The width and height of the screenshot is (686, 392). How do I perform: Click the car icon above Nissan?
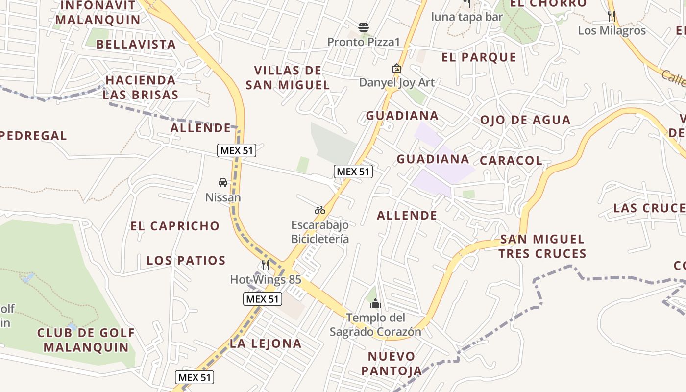pyautogui.click(x=223, y=183)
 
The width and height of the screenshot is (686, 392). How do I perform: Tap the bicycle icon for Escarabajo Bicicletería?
pyautogui.click(x=320, y=210)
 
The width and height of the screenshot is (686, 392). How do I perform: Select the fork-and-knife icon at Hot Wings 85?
pyautogui.click(x=266, y=265)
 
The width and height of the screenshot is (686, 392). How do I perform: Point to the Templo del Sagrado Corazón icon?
pyautogui.click(x=375, y=303)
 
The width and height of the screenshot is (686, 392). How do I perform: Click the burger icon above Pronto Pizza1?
pyautogui.click(x=363, y=27)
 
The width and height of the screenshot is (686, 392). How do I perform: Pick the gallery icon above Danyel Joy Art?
pyautogui.click(x=396, y=68)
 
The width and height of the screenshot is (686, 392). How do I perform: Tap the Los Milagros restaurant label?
pyautogui.click(x=612, y=30)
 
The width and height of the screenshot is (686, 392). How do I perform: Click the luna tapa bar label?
pyautogui.click(x=466, y=17)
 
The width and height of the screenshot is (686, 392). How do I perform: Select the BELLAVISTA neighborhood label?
pyautogui.click(x=136, y=44)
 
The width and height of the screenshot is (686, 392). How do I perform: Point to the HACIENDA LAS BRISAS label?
pyautogui.click(x=140, y=87)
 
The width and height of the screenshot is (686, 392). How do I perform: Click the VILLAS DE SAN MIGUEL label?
pyautogui.click(x=288, y=77)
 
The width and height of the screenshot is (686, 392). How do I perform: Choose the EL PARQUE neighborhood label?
pyautogui.click(x=479, y=57)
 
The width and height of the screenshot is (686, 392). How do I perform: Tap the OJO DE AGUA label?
pyautogui.click(x=525, y=120)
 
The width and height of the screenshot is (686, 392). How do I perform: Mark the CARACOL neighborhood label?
pyautogui.click(x=511, y=161)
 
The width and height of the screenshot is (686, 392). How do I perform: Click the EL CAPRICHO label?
pyautogui.click(x=175, y=226)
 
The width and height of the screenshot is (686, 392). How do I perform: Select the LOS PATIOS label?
pyautogui.click(x=186, y=260)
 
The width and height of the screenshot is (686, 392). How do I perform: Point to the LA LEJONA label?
pyautogui.click(x=266, y=343)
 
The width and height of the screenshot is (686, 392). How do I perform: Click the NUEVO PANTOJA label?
pyautogui.click(x=392, y=363)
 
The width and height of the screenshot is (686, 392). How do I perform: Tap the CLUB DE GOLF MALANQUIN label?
pyautogui.click(x=86, y=340)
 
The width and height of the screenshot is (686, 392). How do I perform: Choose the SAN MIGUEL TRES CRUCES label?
pyautogui.click(x=542, y=246)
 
